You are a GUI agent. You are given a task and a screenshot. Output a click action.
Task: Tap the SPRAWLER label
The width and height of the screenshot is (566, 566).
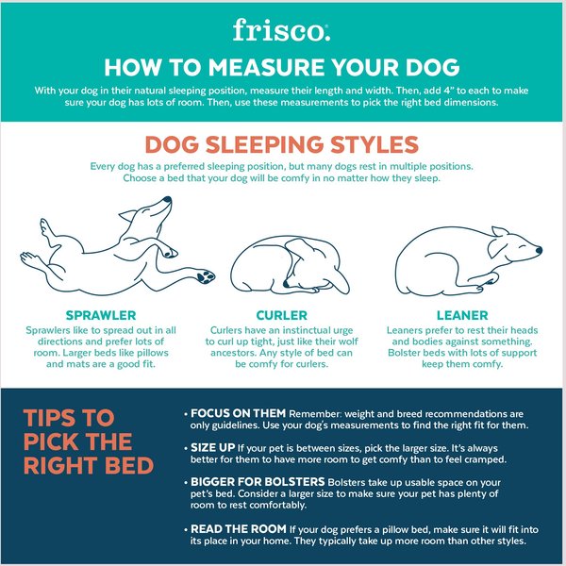tap(101, 314)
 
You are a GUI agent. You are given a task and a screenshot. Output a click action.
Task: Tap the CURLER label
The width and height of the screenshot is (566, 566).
tap(281, 314)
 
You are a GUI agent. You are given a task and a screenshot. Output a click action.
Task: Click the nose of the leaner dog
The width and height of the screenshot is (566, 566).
tap(539, 251)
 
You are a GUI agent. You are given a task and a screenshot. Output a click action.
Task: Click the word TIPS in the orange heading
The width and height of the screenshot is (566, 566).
tap(55, 418)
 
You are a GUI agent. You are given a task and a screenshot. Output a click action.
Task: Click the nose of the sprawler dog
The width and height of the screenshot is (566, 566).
tap(167, 200)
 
